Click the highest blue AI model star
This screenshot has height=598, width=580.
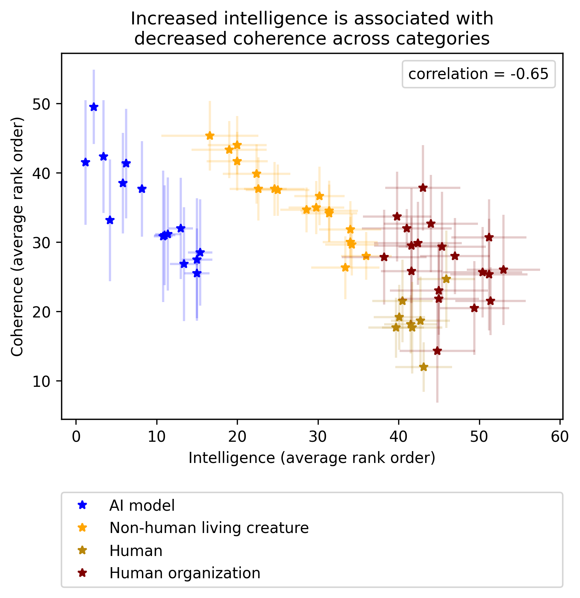pos(94,107)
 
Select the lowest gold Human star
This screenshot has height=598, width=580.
pos(424,367)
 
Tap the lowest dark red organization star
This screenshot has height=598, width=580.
pos(437,351)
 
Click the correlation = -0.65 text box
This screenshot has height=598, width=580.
pos(478,74)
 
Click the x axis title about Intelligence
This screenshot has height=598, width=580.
pos(312,458)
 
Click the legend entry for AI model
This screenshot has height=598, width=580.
pos(142,505)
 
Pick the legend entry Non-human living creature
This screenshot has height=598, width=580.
pos(209,528)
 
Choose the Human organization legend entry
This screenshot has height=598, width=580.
pos(185,573)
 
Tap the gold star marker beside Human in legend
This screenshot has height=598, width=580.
pos(82,550)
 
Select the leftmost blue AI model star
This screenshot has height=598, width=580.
pos(86,162)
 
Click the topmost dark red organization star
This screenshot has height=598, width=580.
pos(423,187)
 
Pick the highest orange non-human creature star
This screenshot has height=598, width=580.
pos(210,136)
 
